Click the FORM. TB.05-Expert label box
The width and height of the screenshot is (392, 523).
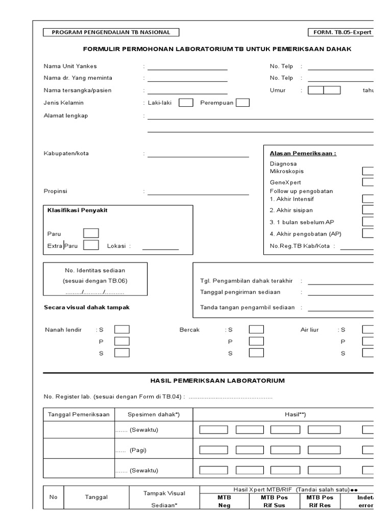tap(340, 32)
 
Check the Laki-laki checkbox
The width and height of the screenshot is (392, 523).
tap(186, 103)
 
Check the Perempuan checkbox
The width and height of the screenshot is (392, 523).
tap(242, 103)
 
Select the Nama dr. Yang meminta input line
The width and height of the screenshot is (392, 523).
tap(187, 80)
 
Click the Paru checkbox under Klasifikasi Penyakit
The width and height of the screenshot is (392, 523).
tap(91, 233)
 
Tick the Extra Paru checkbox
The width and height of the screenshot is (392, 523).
tap(91, 245)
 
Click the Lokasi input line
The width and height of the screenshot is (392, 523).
tap(160, 248)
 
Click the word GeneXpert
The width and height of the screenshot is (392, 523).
tap(285, 182)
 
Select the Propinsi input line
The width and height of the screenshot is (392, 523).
tap(198, 194)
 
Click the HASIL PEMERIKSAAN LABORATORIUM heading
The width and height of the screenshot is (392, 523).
tap(217, 381)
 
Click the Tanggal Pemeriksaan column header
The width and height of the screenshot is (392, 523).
tap(79, 415)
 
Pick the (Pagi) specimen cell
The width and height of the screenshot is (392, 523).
tap(153, 450)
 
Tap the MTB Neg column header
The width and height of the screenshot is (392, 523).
tap(224, 501)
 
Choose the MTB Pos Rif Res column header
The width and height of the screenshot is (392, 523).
tap(320, 501)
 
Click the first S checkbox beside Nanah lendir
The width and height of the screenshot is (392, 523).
tap(121, 329)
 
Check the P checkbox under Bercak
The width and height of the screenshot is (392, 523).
tap(256, 341)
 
